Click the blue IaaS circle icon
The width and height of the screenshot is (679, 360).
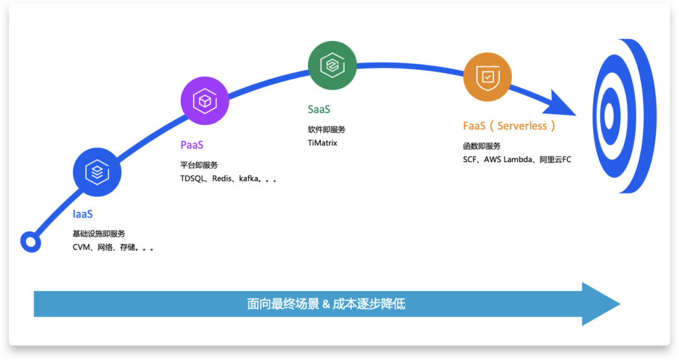pyautogui.click(x=97, y=171)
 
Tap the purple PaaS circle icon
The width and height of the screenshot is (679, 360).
pyautogui.click(x=205, y=101)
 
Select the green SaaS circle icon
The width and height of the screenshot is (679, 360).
pyautogui.click(x=332, y=65)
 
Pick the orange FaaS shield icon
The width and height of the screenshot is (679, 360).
pyautogui.click(x=487, y=77)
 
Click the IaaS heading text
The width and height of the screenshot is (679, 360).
pyautogui.click(x=82, y=214)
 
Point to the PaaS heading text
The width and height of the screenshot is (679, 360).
pyautogui.click(x=192, y=145)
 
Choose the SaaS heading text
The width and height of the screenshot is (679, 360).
pyautogui.click(x=319, y=109)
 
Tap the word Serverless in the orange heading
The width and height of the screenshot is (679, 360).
pyautogui.click(x=522, y=126)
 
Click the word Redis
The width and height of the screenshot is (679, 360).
pyautogui.click(x=223, y=178)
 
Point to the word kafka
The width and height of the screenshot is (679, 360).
pyautogui.click(x=250, y=178)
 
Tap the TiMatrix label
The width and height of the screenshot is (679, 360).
pyautogui.click(x=323, y=143)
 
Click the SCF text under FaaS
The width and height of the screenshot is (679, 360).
pyautogui.click(x=471, y=160)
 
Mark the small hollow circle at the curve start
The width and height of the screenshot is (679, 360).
pyautogui.click(x=30, y=241)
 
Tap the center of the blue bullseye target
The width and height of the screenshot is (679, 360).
pyautogui.click(x=609, y=115)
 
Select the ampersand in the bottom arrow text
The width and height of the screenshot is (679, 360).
pyautogui.click(x=326, y=304)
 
